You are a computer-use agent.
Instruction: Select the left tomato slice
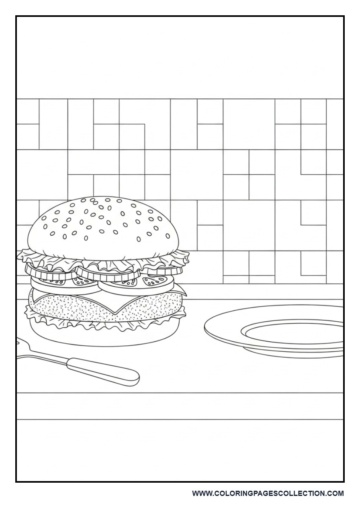64,284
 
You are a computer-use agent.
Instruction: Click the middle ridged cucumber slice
108,273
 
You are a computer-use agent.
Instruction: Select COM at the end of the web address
335,494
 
